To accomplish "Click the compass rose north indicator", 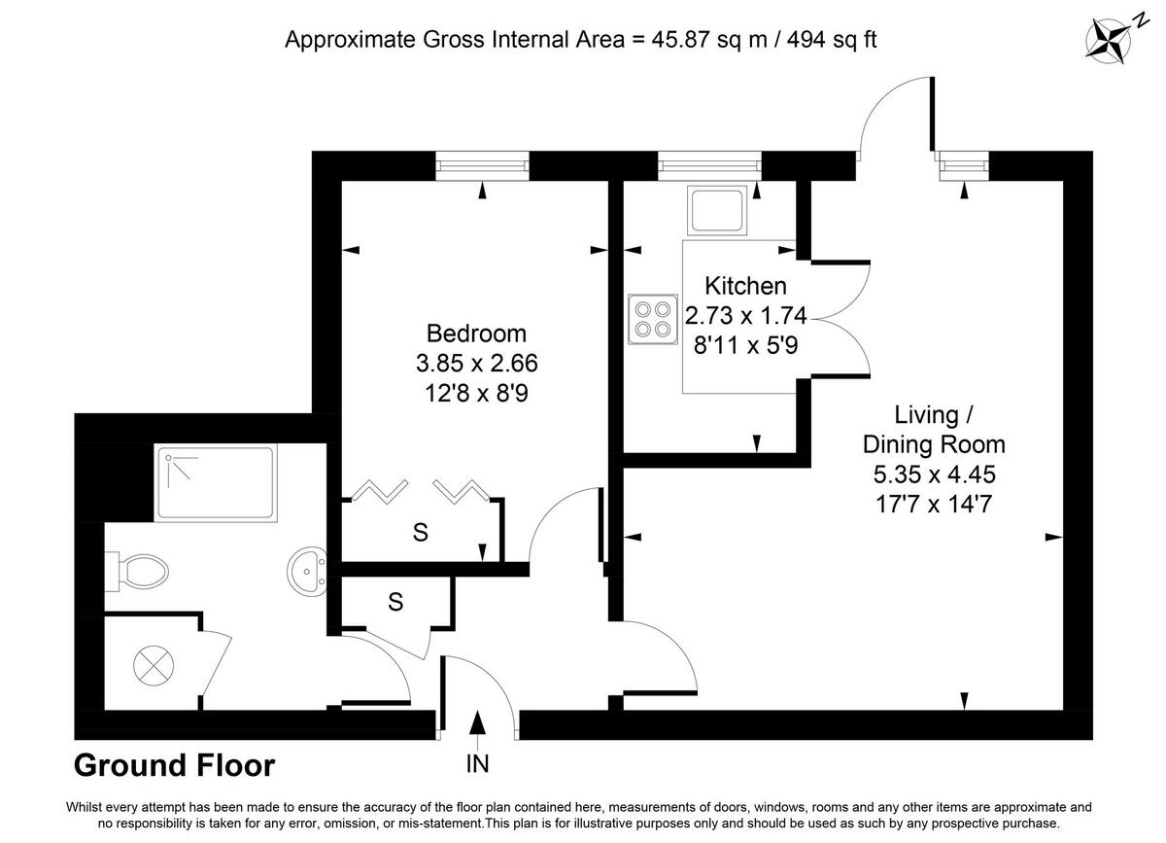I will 1108,39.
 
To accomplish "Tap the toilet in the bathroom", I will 137,571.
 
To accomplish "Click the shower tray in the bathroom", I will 217,484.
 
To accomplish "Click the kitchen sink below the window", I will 715,210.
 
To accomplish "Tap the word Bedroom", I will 476,334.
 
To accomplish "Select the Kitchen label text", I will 745,286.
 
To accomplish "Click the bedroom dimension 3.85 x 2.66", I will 476,364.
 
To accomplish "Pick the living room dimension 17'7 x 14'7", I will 934,505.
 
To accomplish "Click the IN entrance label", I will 476,764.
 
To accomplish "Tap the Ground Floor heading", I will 175,766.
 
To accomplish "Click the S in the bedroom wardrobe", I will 420,532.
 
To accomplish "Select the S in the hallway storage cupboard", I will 395,603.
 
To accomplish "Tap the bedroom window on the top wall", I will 483,166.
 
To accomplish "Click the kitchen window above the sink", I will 709,166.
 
